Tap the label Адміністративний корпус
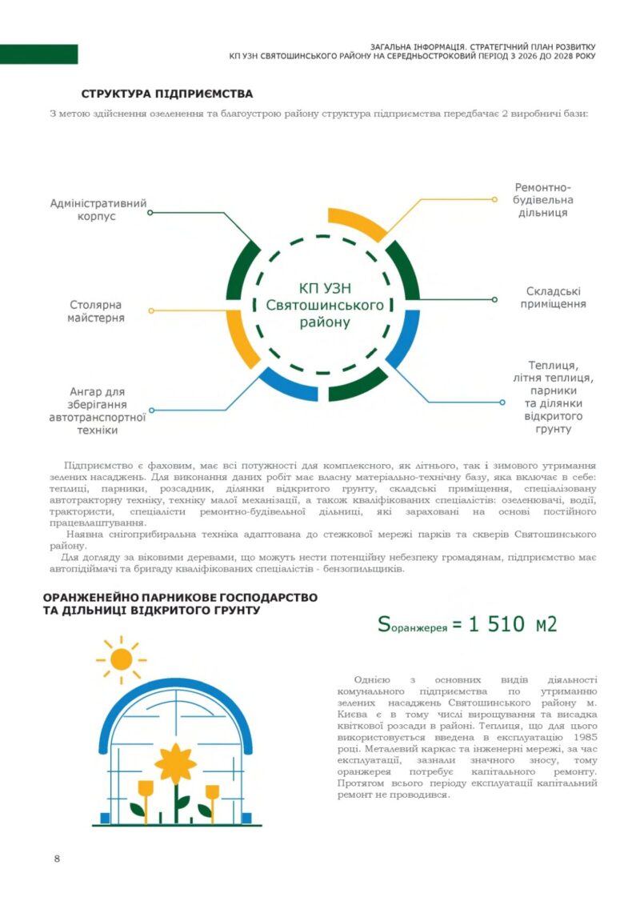[x=98, y=210]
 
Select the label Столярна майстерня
[x=98, y=311]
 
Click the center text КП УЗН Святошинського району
[x=325, y=306]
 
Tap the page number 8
[x=57, y=859]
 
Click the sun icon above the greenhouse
[x=121, y=659]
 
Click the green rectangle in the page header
[x=38, y=54]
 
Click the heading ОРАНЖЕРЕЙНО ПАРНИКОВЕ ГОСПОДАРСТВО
[x=180, y=598]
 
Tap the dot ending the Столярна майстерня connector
[x=150, y=310]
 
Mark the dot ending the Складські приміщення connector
[x=495, y=299]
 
